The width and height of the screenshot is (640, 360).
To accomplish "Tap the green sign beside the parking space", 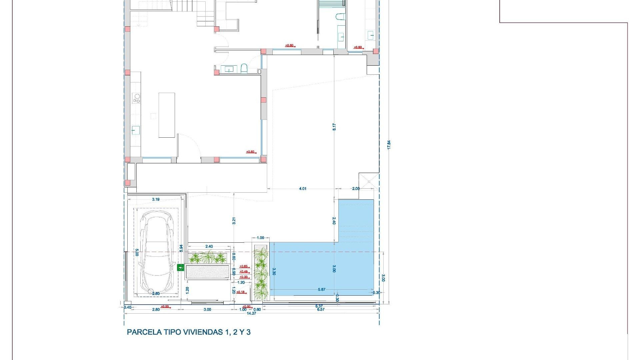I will pyautogui.click(x=180, y=267).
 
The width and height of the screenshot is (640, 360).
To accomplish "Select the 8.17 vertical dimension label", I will pyautogui.click(x=334, y=127).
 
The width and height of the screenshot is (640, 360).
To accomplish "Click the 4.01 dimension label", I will pyautogui.click(x=303, y=189).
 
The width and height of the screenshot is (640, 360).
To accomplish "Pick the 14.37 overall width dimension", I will pyautogui.click(x=251, y=313).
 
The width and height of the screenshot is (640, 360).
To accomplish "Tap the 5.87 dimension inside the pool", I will pyautogui.click(x=322, y=289).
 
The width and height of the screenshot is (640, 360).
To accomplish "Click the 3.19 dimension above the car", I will pyautogui.click(x=156, y=199).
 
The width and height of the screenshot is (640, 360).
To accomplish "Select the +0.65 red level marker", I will pyautogui.click(x=244, y=266).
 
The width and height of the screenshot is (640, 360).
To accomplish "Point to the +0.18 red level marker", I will pyautogui.click(x=240, y=292).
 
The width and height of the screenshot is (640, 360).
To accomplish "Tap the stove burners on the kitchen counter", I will pyautogui.click(x=137, y=98).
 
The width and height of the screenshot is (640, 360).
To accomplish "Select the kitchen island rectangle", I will pyautogui.click(x=167, y=115).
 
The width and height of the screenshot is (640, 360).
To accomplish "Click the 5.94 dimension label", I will pyautogui.click(x=181, y=248).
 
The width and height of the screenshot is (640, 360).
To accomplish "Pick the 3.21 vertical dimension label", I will pyautogui.click(x=234, y=221).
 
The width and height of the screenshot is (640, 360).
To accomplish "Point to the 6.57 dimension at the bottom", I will pyautogui.click(x=321, y=309).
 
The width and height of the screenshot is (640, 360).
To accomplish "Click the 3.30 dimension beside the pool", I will pyautogui.click(x=274, y=271).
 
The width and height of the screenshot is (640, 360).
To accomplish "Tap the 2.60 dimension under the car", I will pyautogui.click(x=156, y=294).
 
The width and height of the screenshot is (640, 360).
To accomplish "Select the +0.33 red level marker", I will pyautogui.click(x=244, y=277).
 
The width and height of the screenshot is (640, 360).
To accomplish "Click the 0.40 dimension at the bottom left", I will pyautogui.click(x=127, y=307).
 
